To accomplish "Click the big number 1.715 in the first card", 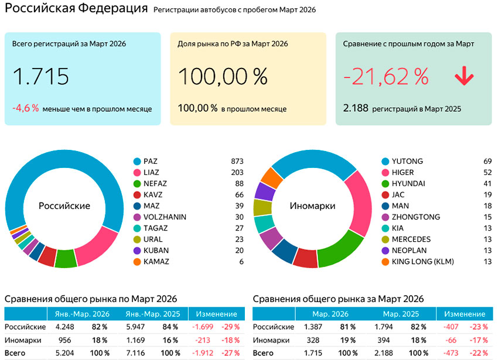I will coord(40,77).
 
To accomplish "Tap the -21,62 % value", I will coord(386,77).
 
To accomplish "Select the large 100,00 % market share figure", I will coord(223,77).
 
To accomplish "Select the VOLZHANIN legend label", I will coord(165,217).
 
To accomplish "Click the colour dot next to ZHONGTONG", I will coord(386,217).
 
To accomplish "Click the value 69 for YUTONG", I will coord(486,161).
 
